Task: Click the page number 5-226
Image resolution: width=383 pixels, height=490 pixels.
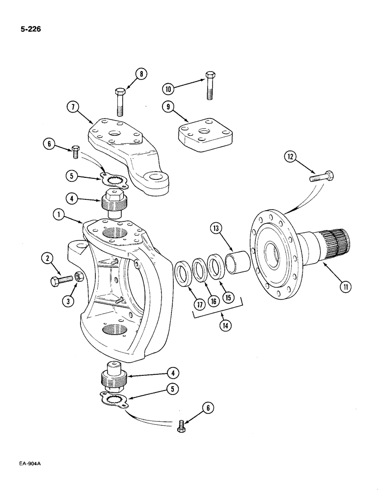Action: point(30,29)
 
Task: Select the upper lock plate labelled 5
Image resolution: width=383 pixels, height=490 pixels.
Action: point(116,180)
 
